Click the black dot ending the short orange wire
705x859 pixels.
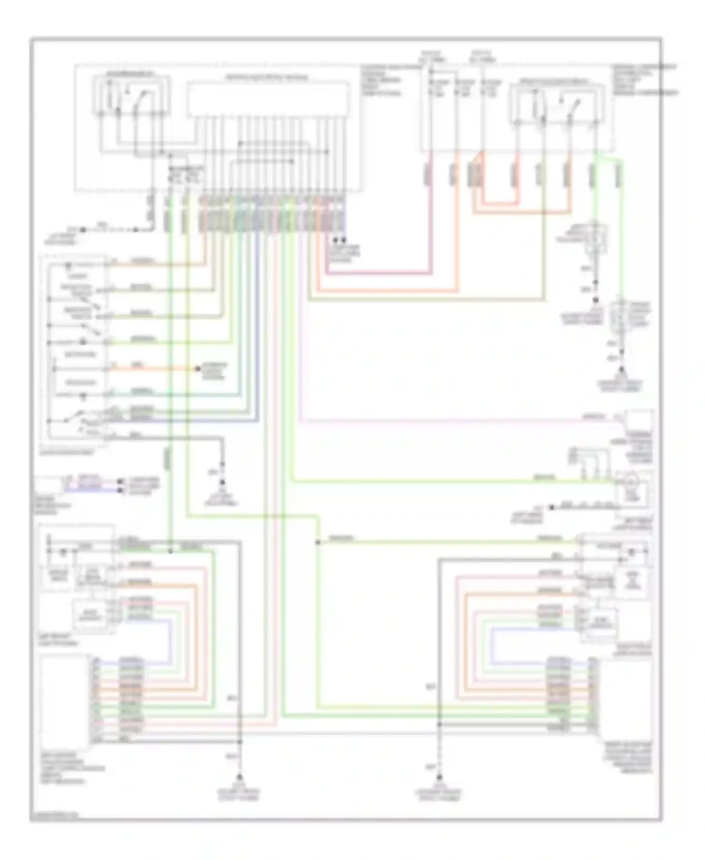tap(198, 369)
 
